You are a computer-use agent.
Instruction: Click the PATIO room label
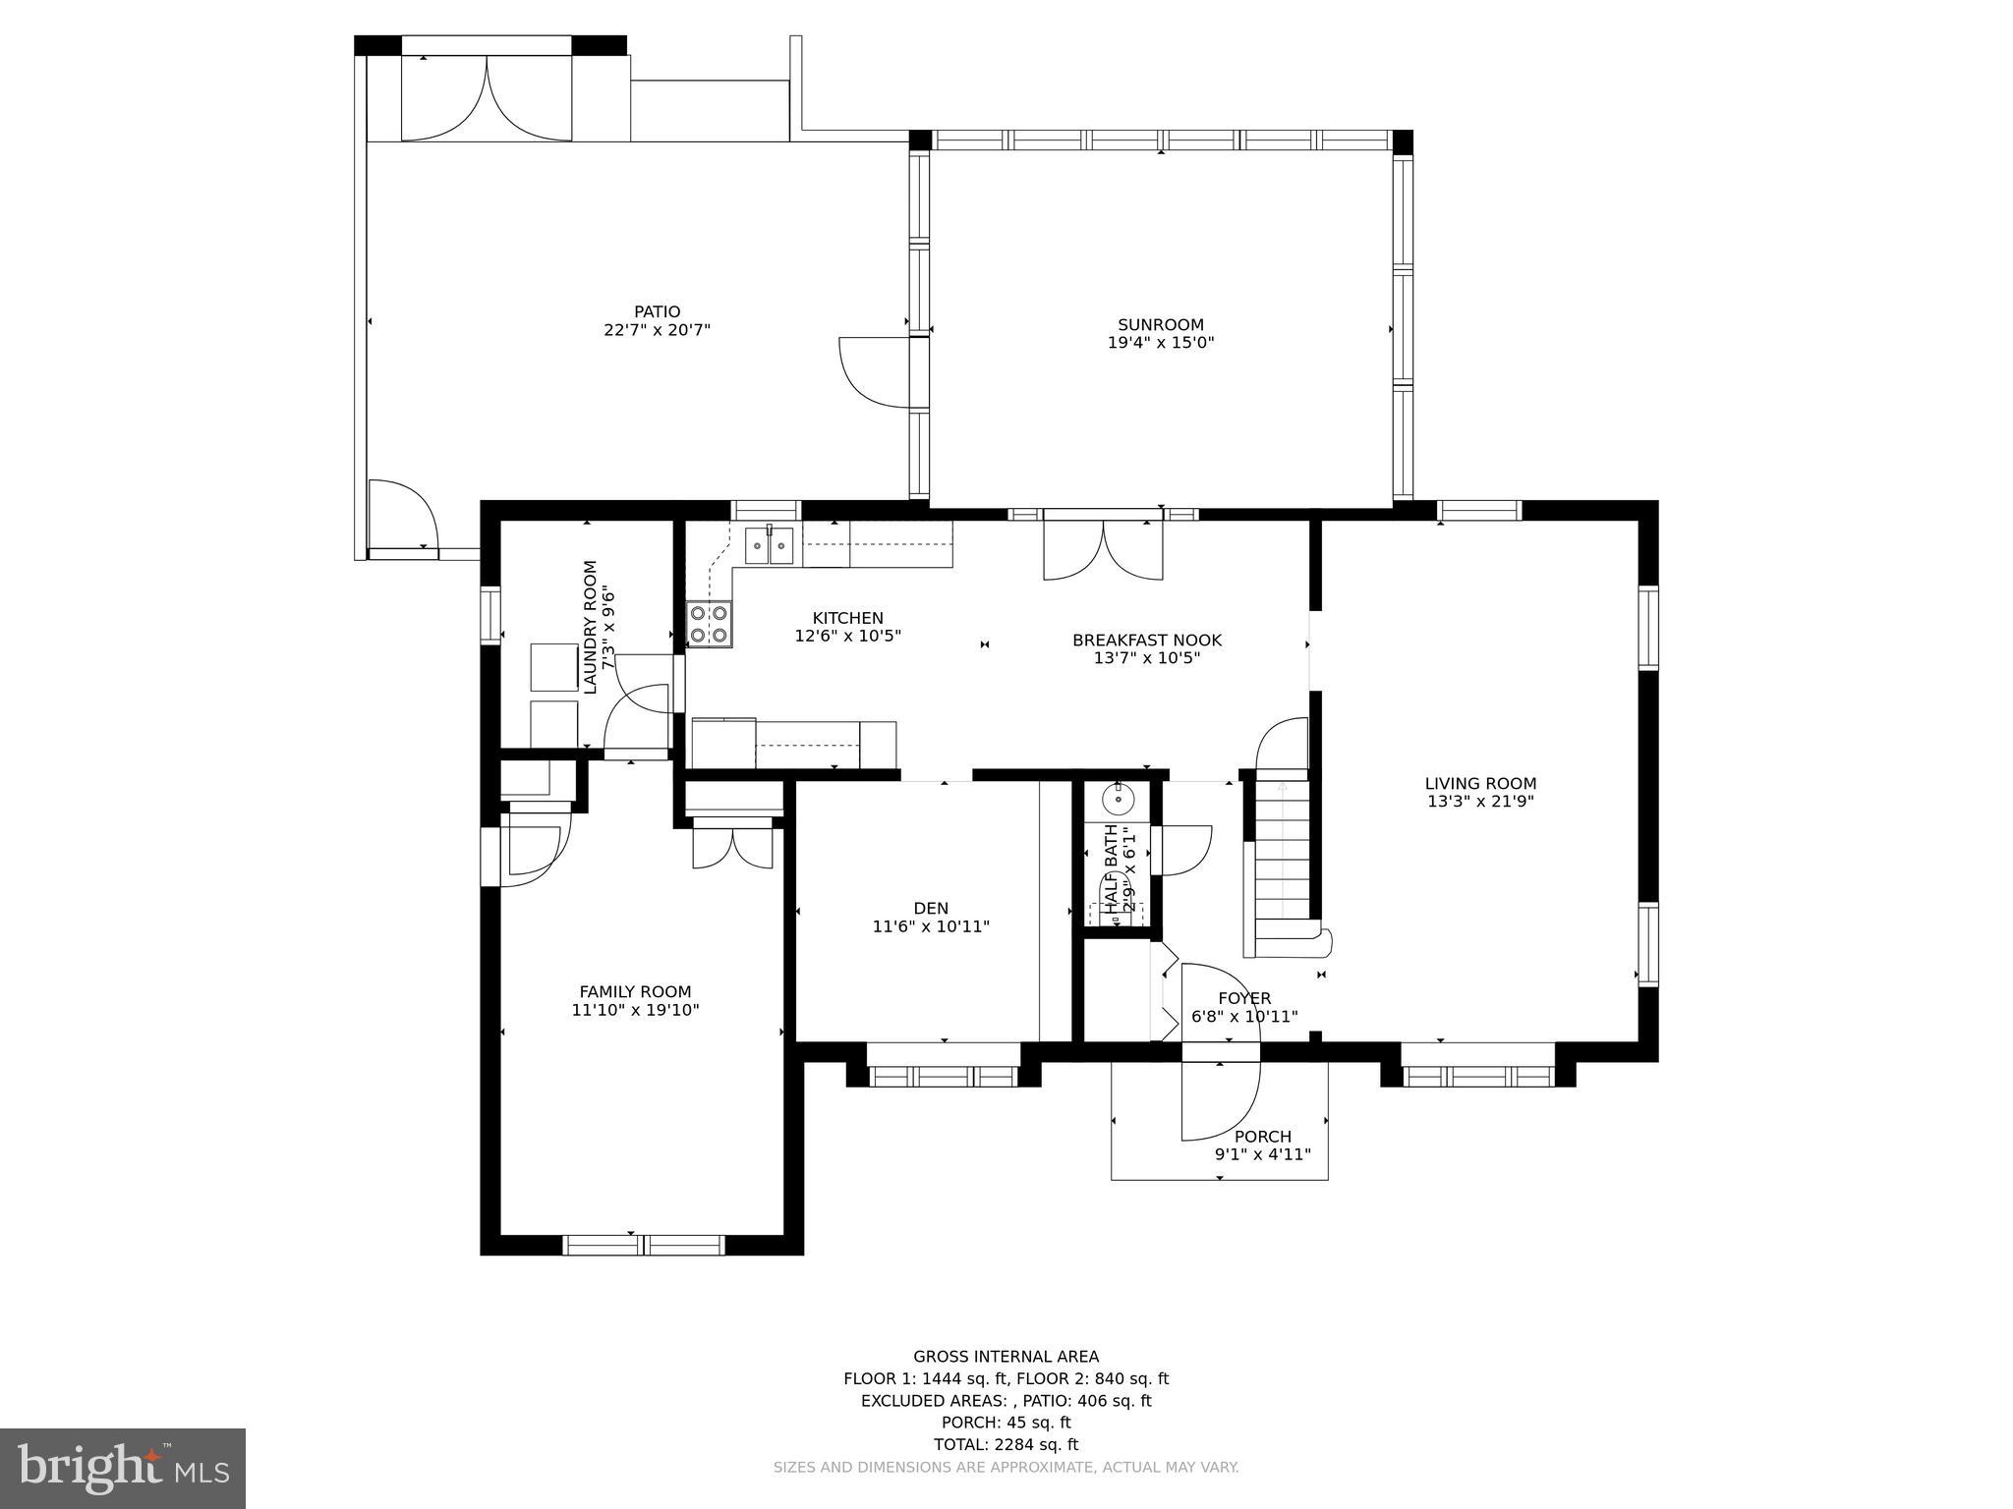click(x=657, y=311)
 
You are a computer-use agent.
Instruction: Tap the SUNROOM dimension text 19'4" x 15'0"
click(x=1160, y=343)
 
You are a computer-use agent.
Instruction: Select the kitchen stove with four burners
click(x=709, y=623)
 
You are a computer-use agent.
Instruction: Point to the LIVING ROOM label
click(x=1480, y=783)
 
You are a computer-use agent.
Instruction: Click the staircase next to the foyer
click(x=1282, y=855)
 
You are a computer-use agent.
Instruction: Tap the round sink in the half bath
click(x=1118, y=800)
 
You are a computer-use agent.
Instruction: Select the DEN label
click(x=930, y=908)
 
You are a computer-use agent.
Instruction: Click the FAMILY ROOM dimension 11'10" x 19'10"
click(x=635, y=1009)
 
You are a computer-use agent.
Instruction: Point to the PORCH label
click(x=1263, y=1137)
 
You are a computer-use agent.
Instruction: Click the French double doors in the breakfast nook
click(x=1103, y=550)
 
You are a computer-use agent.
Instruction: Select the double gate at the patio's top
click(x=487, y=98)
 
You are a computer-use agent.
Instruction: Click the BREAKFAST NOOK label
click(x=1147, y=640)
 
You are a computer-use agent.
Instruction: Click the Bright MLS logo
click(x=123, y=1468)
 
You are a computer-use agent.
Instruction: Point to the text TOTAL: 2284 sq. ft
click(x=1006, y=1444)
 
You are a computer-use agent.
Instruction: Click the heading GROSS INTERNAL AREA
click(x=1006, y=1357)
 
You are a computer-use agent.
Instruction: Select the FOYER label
click(x=1244, y=998)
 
